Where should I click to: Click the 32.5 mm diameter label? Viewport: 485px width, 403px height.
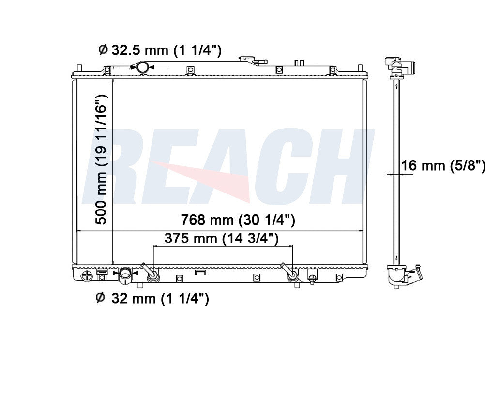click(160, 50)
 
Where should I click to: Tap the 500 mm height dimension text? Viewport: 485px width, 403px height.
click(101, 159)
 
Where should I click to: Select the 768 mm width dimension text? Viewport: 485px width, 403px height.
click(238, 220)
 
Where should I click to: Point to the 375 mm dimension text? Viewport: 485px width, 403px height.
click(222, 239)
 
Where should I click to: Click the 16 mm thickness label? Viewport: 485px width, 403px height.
click(443, 165)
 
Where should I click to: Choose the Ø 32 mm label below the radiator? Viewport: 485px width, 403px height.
click(152, 299)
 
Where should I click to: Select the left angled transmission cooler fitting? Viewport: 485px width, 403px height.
click(151, 273)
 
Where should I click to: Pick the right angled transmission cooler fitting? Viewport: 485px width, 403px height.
click(290, 273)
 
